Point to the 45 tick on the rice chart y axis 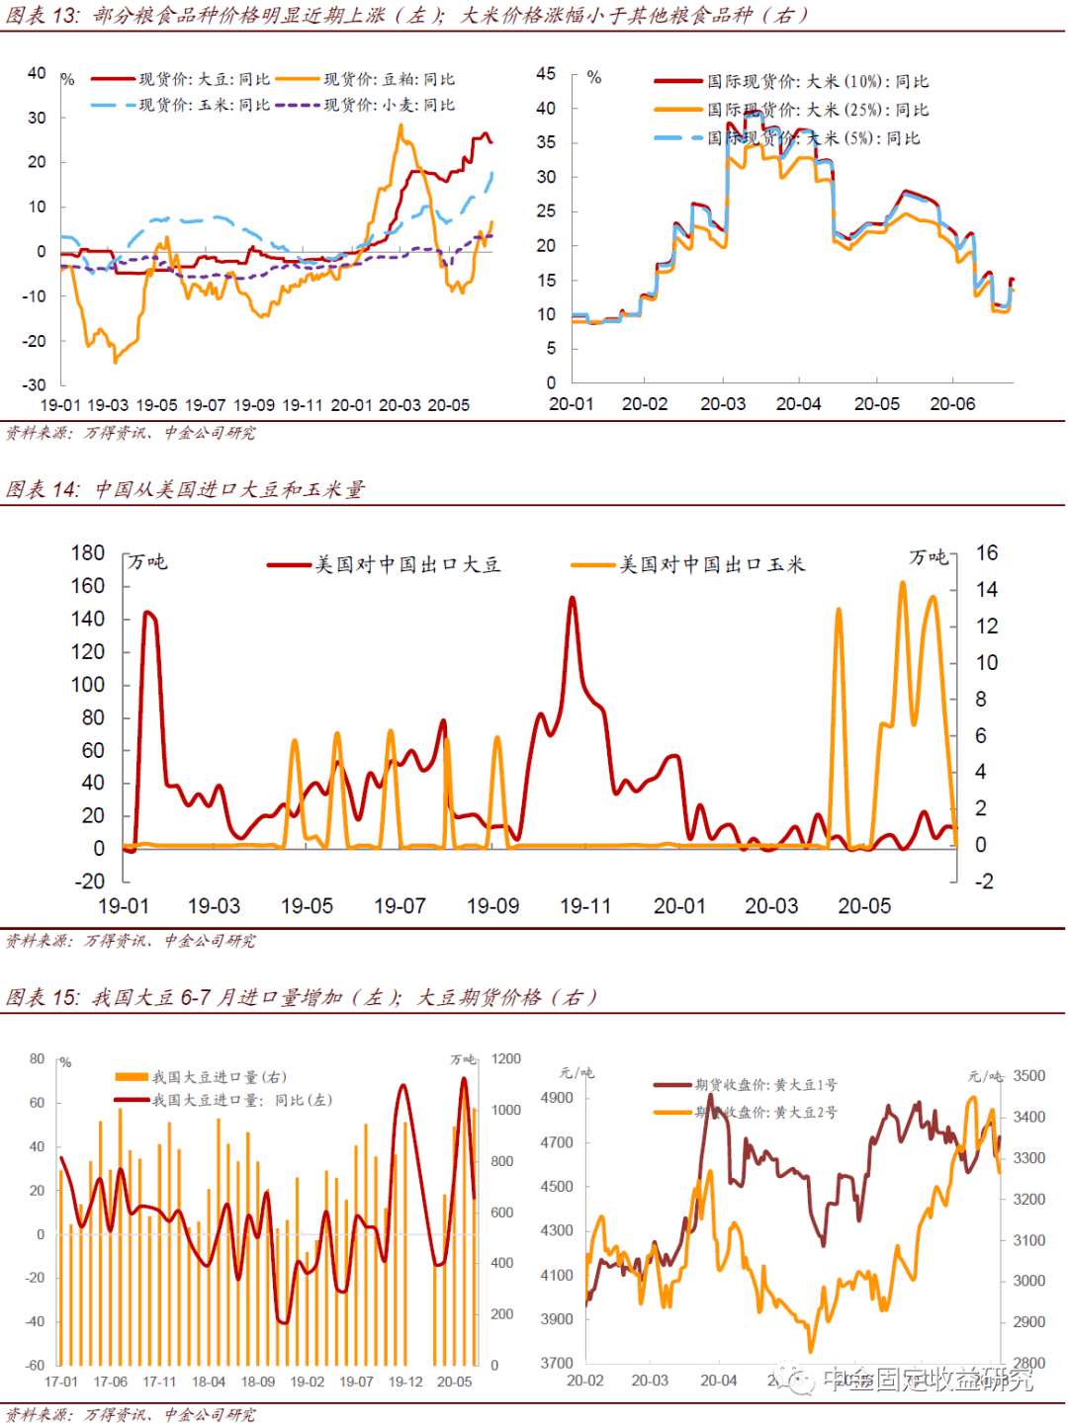[546, 74]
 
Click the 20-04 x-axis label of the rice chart [798, 404]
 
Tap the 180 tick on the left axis [88, 553]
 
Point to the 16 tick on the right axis [986, 553]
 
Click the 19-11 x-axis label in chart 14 [585, 906]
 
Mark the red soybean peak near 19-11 [572, 598]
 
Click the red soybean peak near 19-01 [147, 613]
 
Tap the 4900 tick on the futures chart [557, 1098]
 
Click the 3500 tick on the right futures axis [1028, 1076]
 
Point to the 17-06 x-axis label [110, 1382]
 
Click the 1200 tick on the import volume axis [506, 1058]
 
